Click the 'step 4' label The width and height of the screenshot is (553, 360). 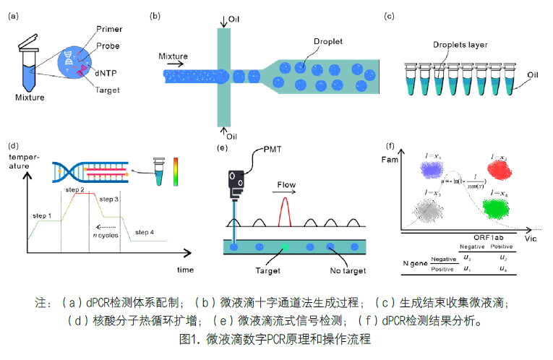point(145,232)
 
